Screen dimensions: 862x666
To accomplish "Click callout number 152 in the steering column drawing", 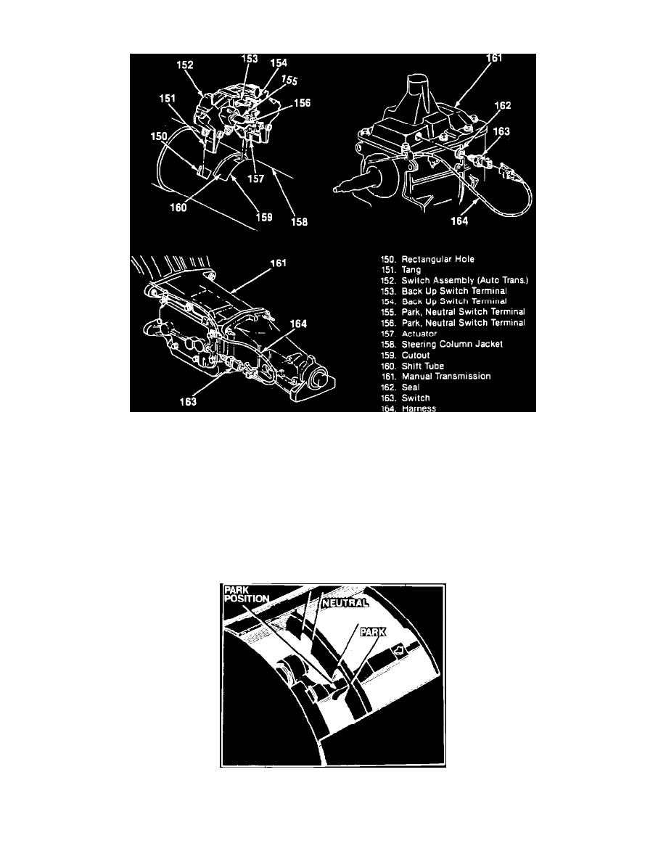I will (184, 65).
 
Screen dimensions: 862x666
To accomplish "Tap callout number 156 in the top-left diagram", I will (303, 103).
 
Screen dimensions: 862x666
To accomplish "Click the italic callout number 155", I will (289, 82).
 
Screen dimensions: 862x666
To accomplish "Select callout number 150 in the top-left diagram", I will (159, 136).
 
